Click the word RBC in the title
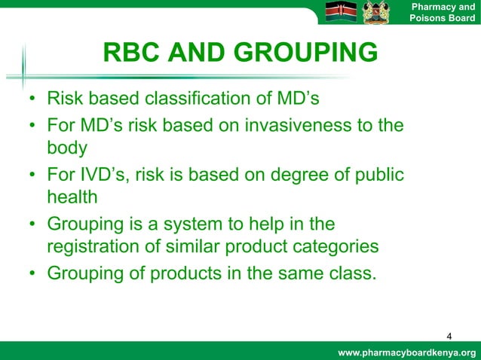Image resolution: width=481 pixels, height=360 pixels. click(x=132, y=53)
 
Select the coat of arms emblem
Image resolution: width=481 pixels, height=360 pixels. click(x=375, y=13)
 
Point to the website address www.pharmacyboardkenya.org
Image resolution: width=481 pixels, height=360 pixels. click(x=407, y=352)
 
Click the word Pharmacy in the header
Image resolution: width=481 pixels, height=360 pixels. click(x=432, y=7)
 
